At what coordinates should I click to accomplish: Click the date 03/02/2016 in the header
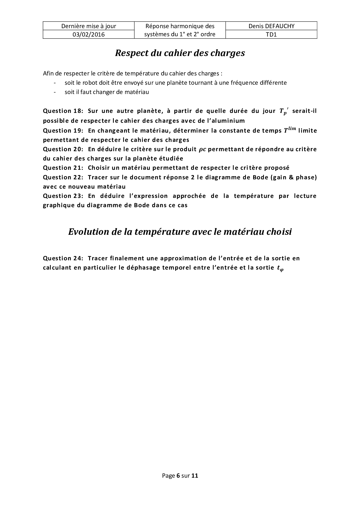click(89, 35)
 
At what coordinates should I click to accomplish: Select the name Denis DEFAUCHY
click(271, 26)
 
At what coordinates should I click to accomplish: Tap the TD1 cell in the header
click(271, 35)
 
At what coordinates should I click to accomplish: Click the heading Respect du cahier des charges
click(180, 53)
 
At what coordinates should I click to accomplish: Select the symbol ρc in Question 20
click(203, 149)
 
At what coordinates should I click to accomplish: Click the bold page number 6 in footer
click(178, 476)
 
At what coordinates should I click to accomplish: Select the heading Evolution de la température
click(180, 232)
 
